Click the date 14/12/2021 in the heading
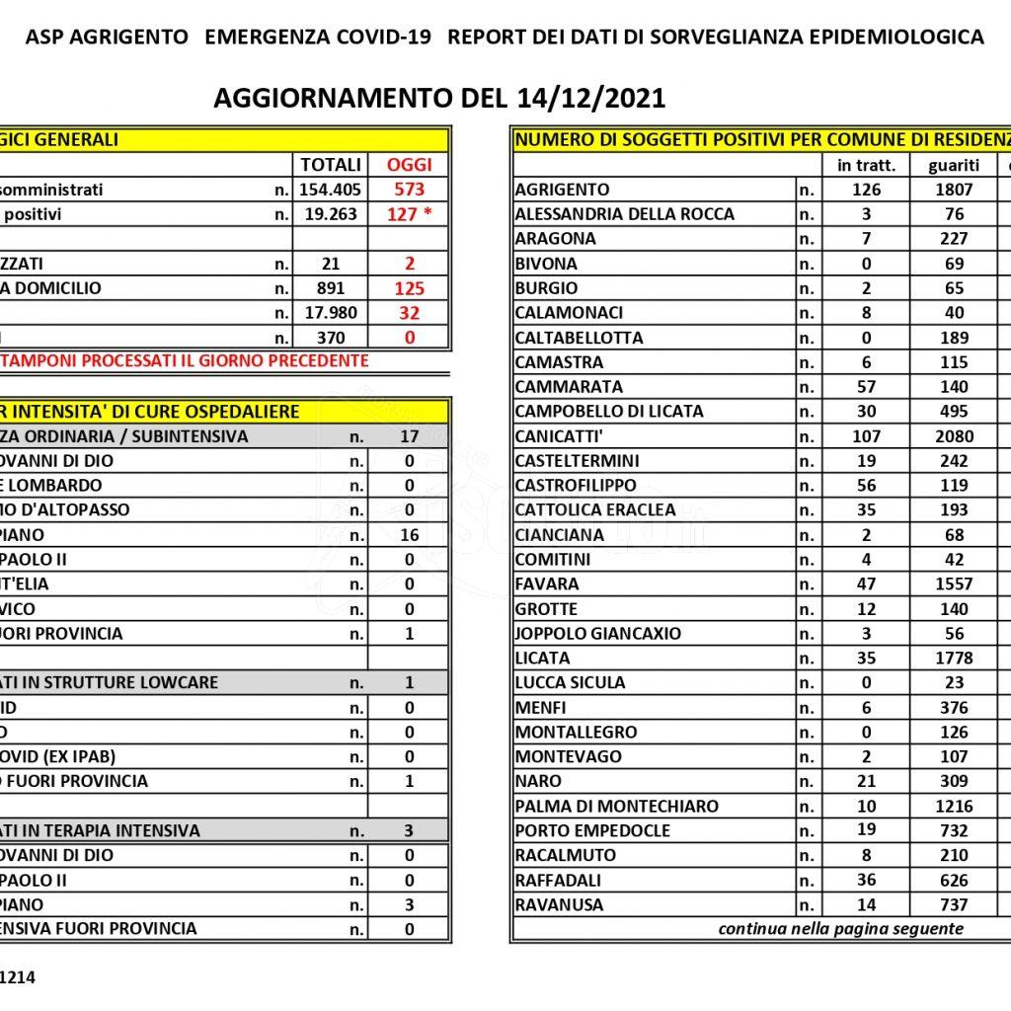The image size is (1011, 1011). click(590, 99)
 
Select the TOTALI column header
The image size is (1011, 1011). click(330, 165)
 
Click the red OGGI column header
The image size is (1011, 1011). click(409, 165)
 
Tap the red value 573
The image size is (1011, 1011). click(409, 190)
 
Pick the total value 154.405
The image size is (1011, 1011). click(330, 190)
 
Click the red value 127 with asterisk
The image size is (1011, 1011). click(409, 214)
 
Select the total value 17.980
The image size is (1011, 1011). click(330, 313)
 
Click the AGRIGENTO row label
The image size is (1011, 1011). click(563, 190)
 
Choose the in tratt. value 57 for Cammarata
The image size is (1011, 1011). click(866, 387)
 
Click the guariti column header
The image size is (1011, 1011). click(954, 165)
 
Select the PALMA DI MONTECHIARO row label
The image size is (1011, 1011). click(616, 807)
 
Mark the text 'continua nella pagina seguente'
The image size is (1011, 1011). click(840, 929)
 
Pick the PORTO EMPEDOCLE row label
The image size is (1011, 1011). click(592, 831)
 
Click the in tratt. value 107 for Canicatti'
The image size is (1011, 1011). click(866, 436)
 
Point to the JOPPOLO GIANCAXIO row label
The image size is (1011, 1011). click(598, 634)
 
